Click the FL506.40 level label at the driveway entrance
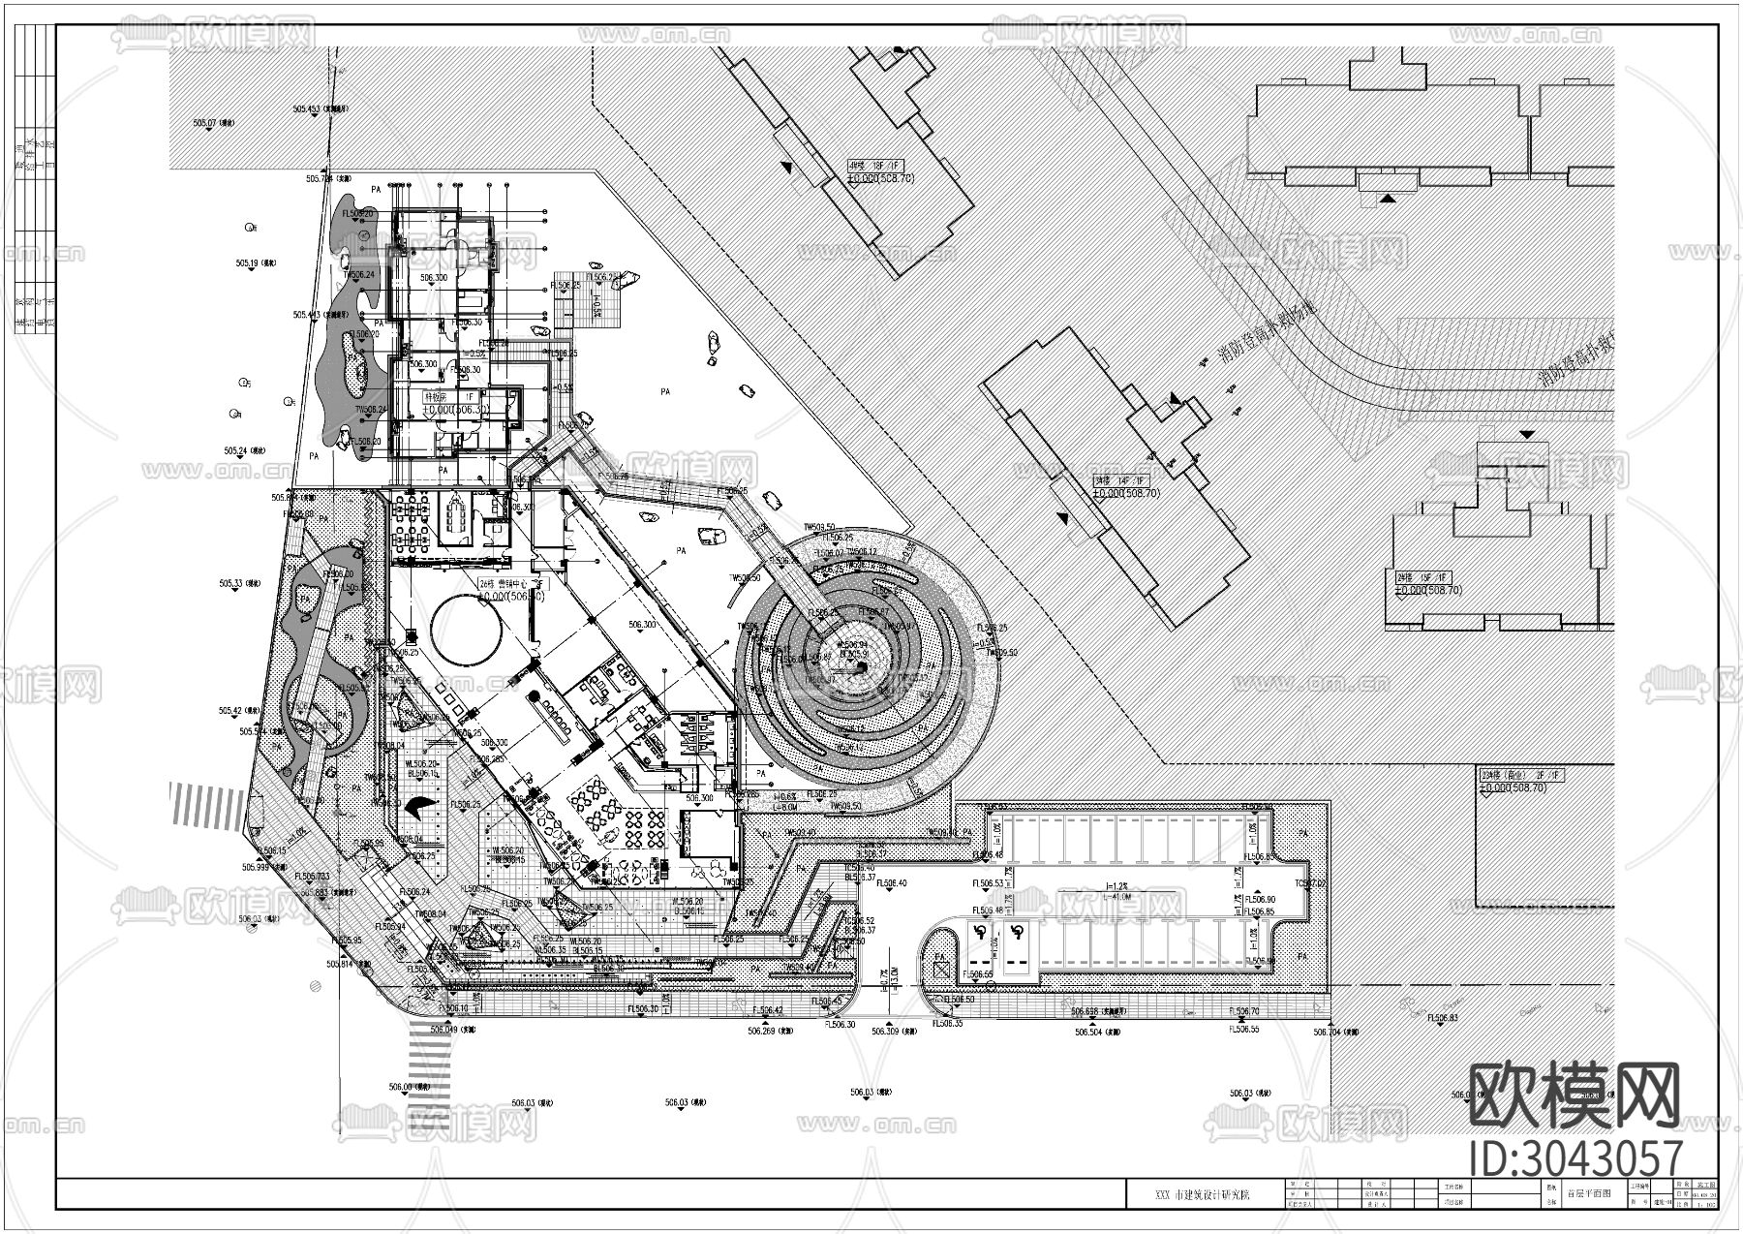pos(890,884)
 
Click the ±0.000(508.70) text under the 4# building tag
pos(881,178)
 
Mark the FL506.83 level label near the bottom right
pos(1442,1018)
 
